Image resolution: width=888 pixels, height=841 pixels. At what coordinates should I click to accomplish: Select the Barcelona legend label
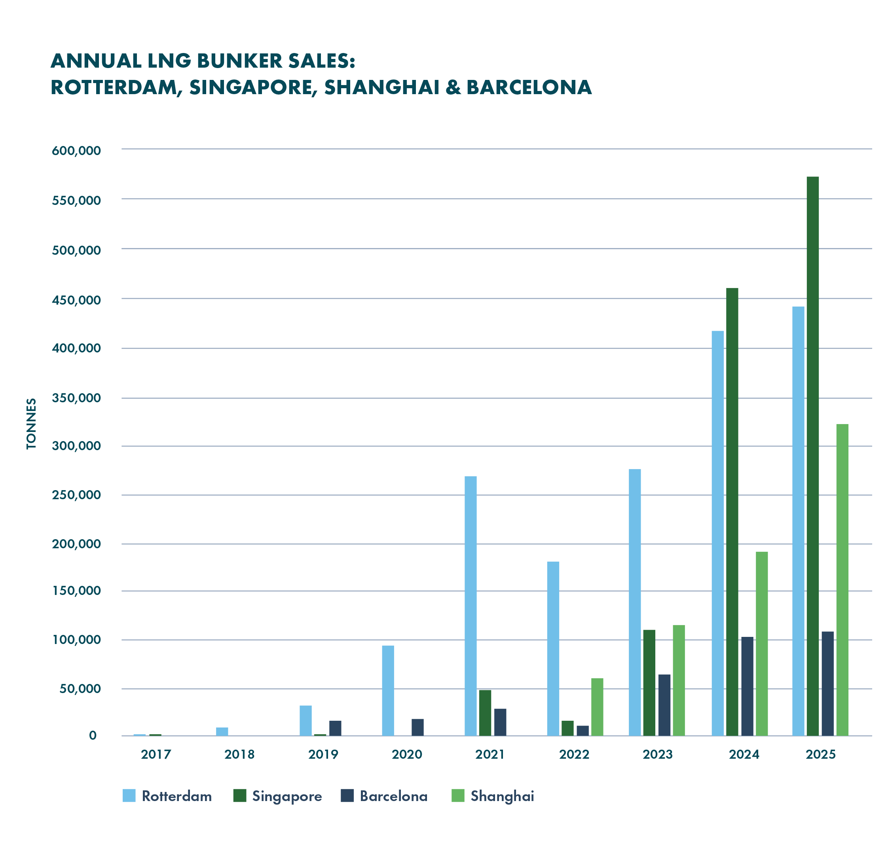[x=393, y=796]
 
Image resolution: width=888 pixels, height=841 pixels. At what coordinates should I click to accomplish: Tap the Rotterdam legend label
[x=177, y=796]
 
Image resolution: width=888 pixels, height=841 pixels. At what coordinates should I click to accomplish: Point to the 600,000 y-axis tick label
[x=76, y=151]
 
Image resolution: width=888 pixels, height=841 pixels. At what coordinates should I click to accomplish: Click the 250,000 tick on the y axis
[x=76, y=495]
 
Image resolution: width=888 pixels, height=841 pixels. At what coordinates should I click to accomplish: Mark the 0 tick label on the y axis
[x=93, y=735]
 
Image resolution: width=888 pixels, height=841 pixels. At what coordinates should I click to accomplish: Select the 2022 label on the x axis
[x=574, y=754]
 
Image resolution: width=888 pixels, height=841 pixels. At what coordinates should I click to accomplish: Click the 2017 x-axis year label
[x=156, y=754]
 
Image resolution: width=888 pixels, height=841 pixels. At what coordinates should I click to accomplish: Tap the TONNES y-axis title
[x=31, y=424]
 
